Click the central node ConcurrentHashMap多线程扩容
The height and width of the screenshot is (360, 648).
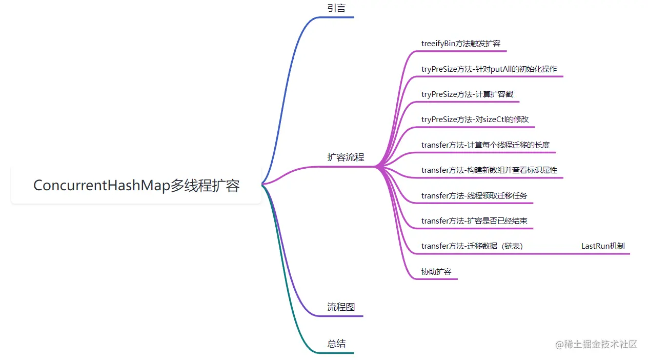pyautogui.click(x=136, y=185)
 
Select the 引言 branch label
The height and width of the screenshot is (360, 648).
pyautogui.click(x=336, y=8)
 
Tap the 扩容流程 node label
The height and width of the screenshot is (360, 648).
pyautogui.click(x=346, y=157)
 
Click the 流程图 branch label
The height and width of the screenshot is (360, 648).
pyautogui.click(x=341, y=307)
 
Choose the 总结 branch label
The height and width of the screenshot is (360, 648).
pyautogui.click(x=336, y=344)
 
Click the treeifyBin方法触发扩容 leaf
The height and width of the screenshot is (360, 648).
pyautogui.click(x=460, y=43)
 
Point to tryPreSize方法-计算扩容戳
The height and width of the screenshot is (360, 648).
pyautogui.click(x=467, y=94)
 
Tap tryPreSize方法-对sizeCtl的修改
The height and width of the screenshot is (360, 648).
pyautogui.click(x=474, y=119)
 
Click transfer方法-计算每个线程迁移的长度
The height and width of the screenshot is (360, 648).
pyautogui.click(x=485, y=145)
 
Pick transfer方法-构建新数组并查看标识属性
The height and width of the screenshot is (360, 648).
pyautogui.click(x=489, y=170)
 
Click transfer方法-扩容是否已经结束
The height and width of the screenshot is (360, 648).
pyautogui.click(x=474, y=221)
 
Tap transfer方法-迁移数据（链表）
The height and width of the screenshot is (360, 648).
pyautogui.click(x=472, y=246)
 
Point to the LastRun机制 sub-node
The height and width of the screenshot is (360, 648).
pyautogui.click(x=603, y=246)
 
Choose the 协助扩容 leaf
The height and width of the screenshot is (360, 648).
pyautogui.click(x=436, y=271)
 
